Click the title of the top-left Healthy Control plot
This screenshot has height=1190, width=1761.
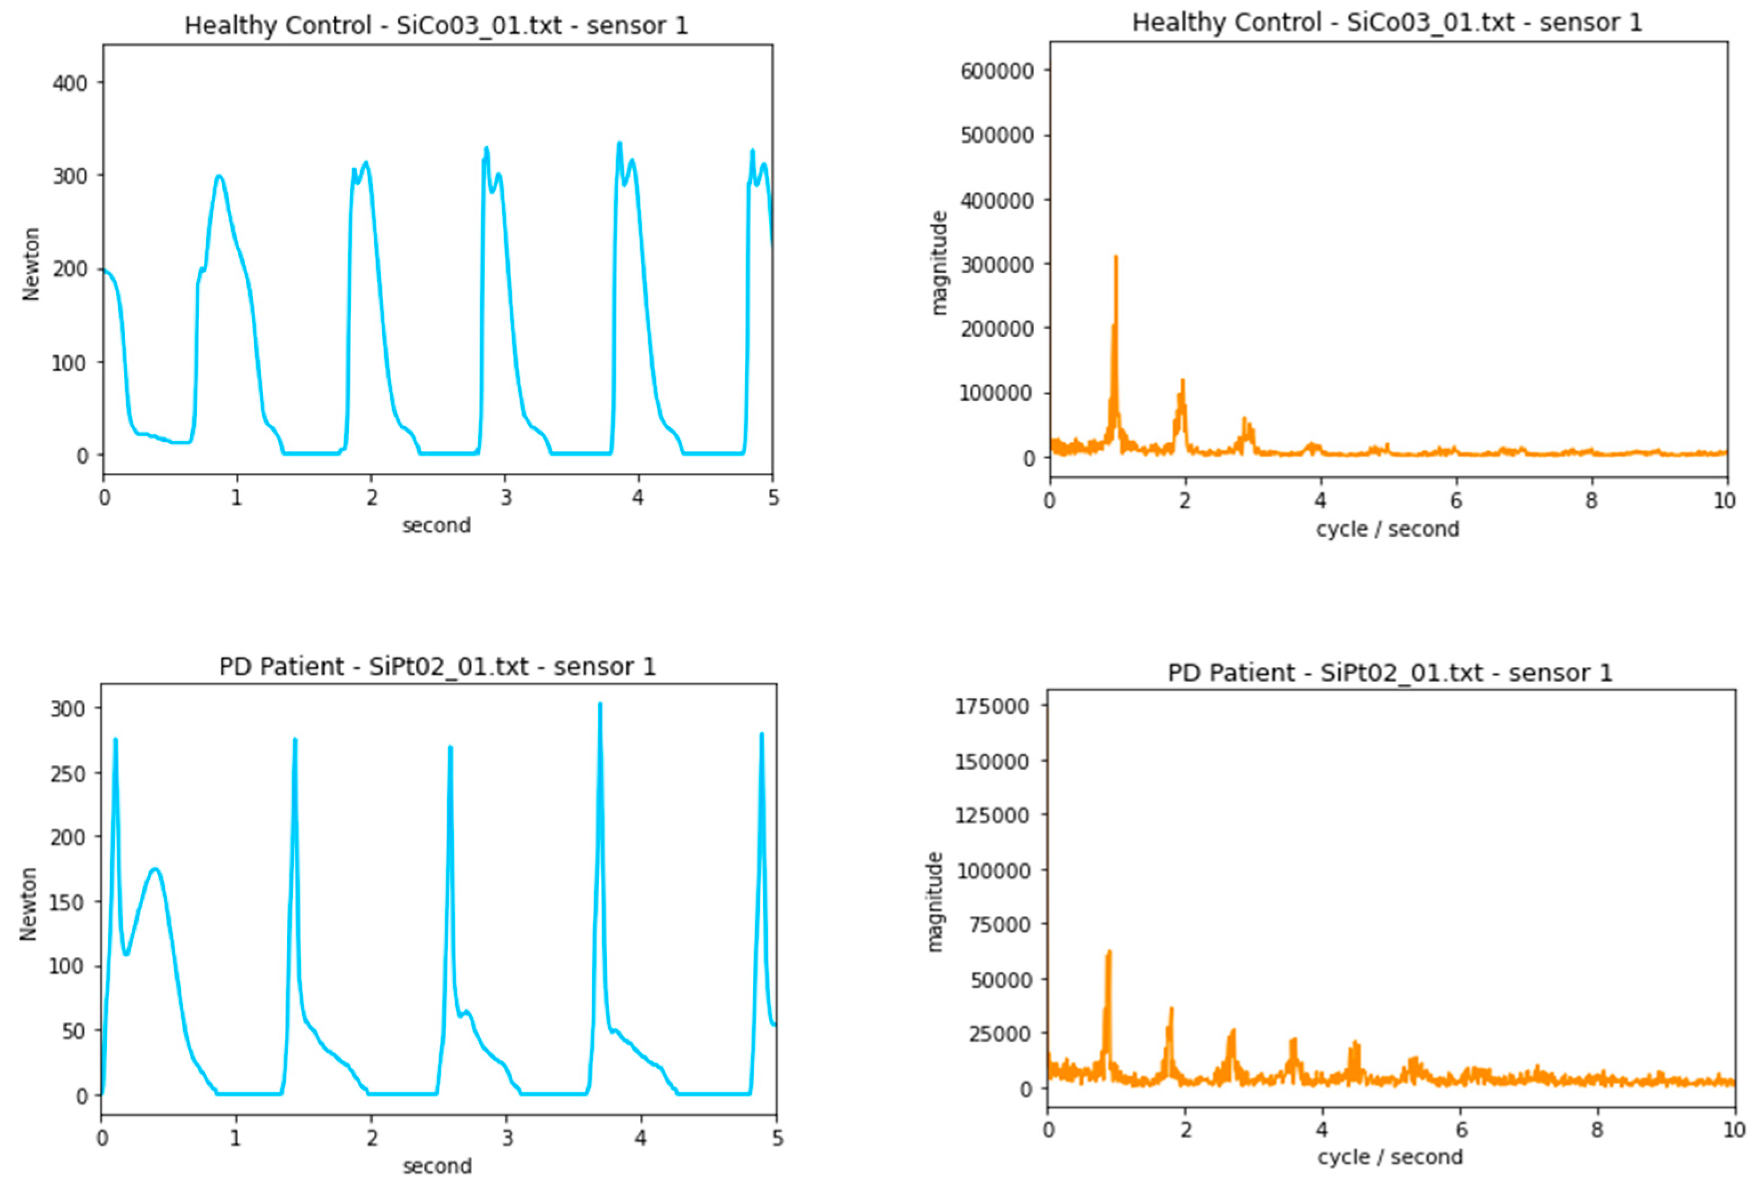coord(437,26)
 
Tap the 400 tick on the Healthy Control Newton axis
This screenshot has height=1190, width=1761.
coord(70,83)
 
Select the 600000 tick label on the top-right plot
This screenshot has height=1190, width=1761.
coord(997,70)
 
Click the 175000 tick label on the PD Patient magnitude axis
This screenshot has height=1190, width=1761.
coord(992,706)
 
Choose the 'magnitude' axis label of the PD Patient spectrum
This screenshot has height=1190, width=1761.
coord(935,902)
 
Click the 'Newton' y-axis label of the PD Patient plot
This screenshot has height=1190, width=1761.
coord(29,903)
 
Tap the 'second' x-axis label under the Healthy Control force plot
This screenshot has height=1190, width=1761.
coord(437,525)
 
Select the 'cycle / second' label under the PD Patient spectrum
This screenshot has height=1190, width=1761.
coord(1390,1157)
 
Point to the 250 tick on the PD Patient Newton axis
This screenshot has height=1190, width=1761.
coord(67,773)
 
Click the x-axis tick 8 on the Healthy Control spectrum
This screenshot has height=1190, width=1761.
coord(1590,500)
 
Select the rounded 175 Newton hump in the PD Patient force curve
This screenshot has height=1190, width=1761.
coord(155,870)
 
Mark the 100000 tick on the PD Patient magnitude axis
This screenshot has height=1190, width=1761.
coord(992,870)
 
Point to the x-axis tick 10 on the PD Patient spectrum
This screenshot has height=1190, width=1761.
coord(1734,1130)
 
